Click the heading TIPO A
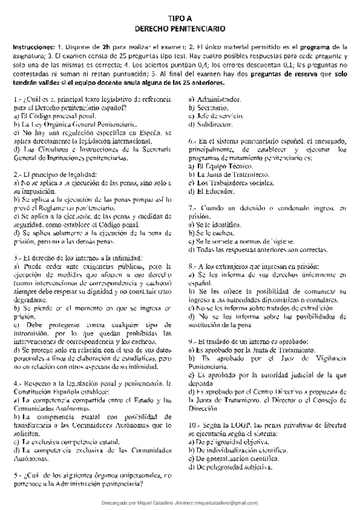[x=180, y=19]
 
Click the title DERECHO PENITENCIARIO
[x=180, y=28]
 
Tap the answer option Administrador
[x=215, y=99]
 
